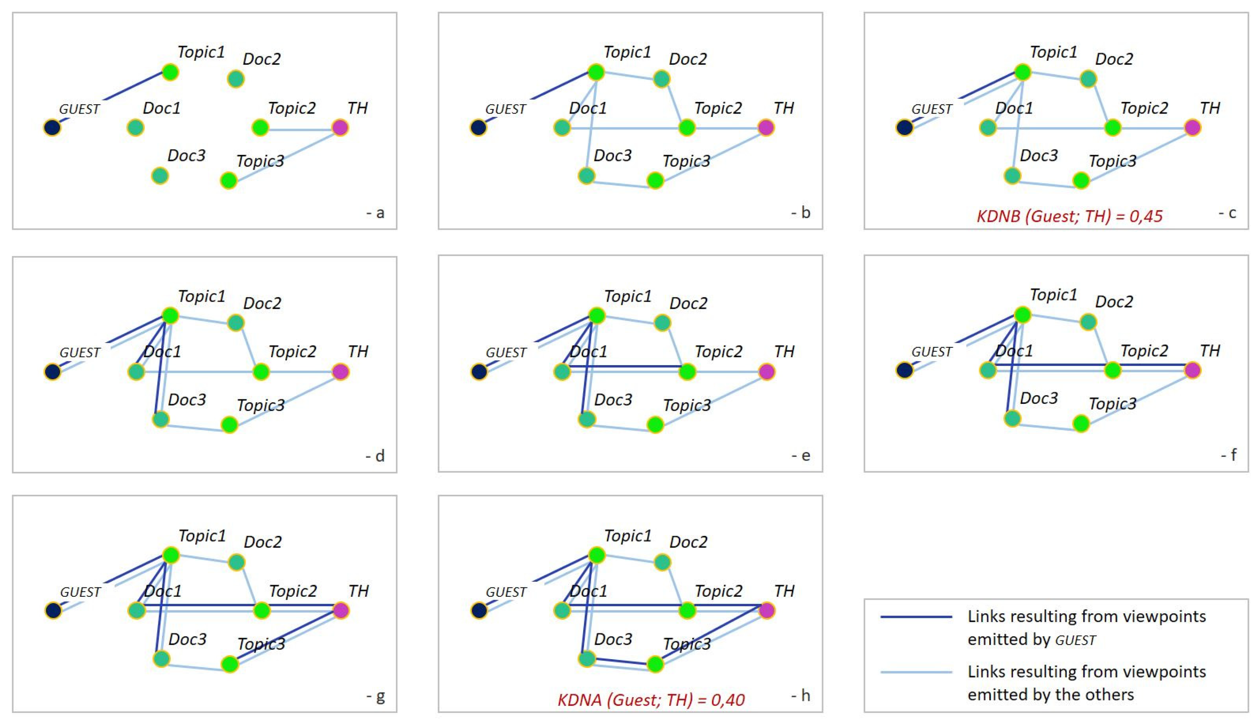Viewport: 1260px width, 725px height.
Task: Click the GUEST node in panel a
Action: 52,127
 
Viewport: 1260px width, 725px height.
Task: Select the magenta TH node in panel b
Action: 766,127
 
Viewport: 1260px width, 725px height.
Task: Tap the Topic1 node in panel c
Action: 1022,72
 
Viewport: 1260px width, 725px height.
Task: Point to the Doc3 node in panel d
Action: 160,419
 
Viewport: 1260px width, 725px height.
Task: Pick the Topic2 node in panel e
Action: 687,372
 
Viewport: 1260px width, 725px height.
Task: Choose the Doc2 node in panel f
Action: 1088,322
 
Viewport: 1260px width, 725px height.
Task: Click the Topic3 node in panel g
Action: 229,664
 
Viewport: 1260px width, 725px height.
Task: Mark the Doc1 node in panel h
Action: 562,610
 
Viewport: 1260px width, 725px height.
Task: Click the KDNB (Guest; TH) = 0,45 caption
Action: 1069,216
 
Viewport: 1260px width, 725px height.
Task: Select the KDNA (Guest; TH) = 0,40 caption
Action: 650,700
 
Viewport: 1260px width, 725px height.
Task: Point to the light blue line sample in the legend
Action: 916,672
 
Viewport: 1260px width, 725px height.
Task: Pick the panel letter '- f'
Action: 1229,455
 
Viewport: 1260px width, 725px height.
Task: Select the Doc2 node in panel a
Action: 235,79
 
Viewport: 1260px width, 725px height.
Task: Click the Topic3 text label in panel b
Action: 686,161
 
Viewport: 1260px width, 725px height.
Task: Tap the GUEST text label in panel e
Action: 506,353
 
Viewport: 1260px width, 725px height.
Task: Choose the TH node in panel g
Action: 341,610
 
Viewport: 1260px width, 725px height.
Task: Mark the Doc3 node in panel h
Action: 587,659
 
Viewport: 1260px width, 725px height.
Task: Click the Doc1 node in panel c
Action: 988,127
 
